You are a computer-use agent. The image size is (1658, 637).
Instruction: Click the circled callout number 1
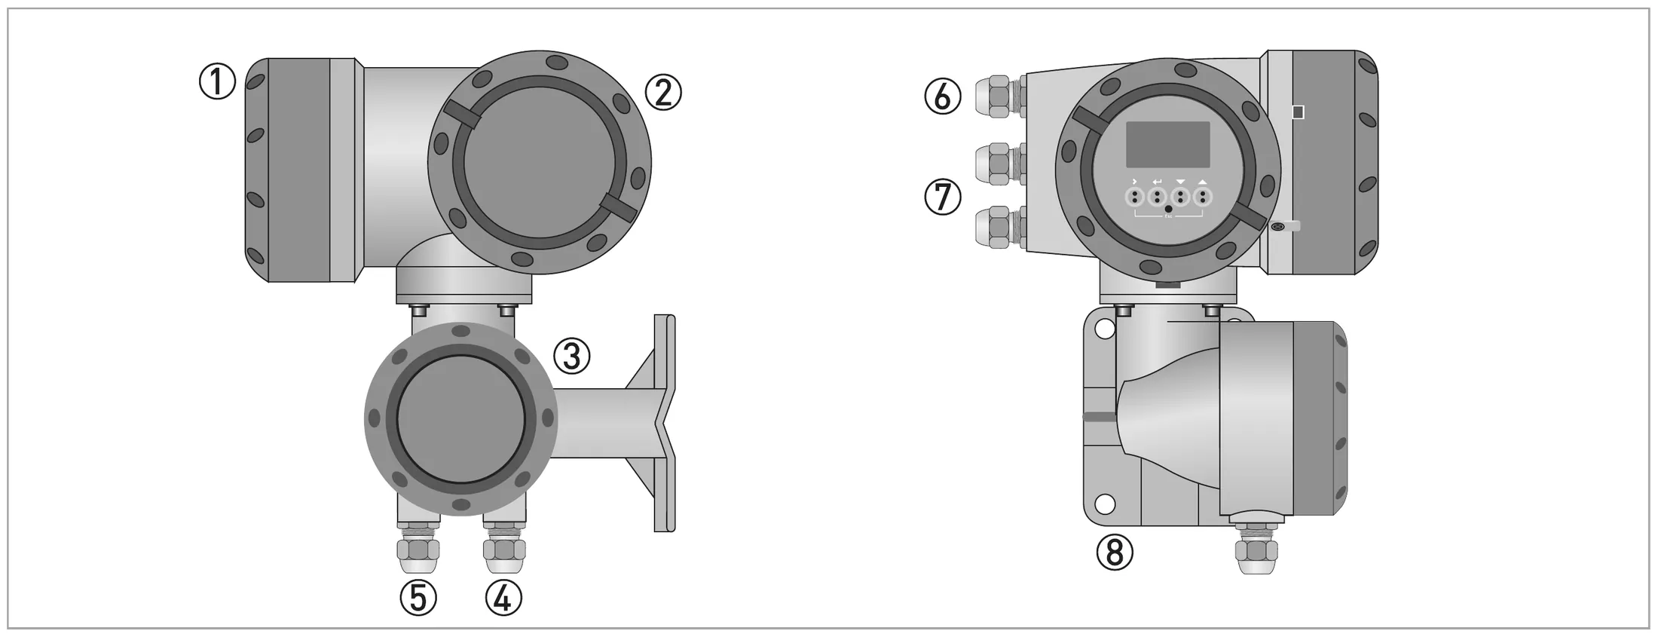tap(217, 81)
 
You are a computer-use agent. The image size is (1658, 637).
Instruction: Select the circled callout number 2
tap(663, 93)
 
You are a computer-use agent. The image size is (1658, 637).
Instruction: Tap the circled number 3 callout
tap(572, 356)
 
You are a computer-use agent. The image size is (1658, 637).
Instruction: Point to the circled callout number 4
tap(503, 599)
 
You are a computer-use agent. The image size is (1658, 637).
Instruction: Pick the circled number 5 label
tap(418, 599)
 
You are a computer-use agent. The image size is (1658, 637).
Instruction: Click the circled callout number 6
tap(943, 96)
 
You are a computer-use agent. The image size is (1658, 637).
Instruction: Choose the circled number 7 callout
tap(943, 198)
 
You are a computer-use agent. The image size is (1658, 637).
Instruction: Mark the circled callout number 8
tap(1115, 553)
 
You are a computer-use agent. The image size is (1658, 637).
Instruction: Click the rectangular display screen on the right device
tap(1167, 145)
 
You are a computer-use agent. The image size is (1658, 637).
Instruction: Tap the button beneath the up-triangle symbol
tap(1203, 198)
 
